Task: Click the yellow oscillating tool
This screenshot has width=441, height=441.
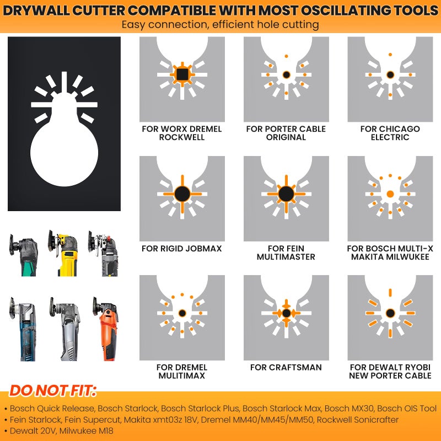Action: [63, 253]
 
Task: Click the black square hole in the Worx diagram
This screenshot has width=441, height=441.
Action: [182, 74]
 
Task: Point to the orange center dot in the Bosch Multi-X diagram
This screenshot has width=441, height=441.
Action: [390, 194]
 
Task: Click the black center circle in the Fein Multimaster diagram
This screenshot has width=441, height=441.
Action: [286, 194]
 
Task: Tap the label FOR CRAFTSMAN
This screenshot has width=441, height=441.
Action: [286, 367]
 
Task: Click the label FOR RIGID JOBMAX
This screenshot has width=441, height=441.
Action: [182, 249]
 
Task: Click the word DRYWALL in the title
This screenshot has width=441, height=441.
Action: [36, 10]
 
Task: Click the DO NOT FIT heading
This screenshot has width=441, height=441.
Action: [53, 391]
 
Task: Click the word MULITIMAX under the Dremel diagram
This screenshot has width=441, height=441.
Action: [182, 375]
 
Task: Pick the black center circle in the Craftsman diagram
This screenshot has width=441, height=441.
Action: [286, 313]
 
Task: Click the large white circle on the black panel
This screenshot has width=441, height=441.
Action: [64, 153]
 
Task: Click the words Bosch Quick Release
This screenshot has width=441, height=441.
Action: [52, 408]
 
